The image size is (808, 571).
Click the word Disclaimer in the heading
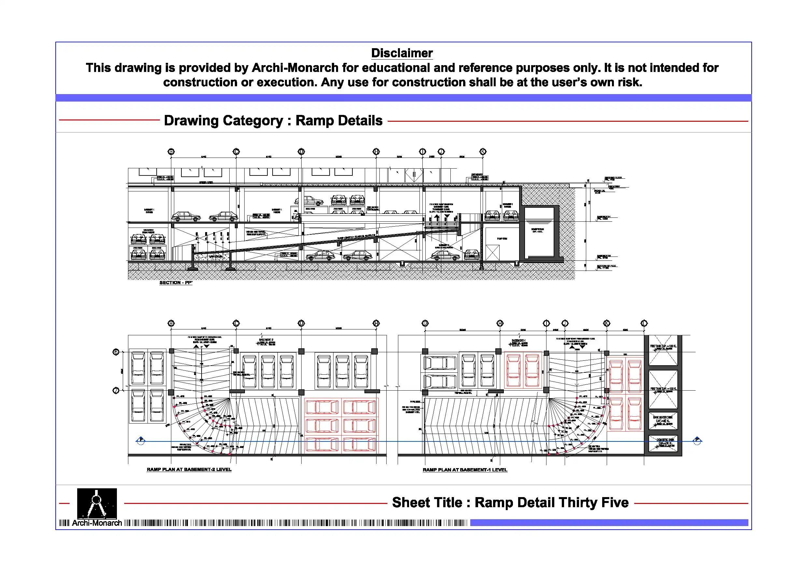coord(402,53)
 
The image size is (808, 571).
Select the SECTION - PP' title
coord(176,283)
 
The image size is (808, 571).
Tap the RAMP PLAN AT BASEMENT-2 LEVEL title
coord(189,469)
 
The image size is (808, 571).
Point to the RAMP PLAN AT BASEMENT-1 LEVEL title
coord(465,470)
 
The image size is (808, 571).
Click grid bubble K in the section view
coord(483,152)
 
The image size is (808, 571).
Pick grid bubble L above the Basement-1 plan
coord(644,323)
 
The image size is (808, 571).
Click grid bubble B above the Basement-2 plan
coord(171,323)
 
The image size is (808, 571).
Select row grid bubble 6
coord(116,352)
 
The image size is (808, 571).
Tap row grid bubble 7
coord(116,391)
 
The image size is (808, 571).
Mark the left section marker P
coord(141,440)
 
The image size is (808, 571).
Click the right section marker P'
coord(697,440)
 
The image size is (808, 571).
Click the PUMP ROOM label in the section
coord(502,239)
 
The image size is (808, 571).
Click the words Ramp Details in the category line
coord(339,120)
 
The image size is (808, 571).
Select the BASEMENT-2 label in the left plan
coord(266,340)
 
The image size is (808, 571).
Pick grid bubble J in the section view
coord(441,152)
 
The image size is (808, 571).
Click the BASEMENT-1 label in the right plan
coord(518,341)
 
